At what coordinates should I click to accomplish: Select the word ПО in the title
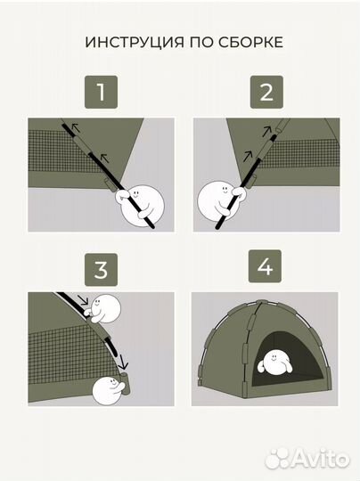coord(200,42)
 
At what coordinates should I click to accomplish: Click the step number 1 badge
coord(101,92)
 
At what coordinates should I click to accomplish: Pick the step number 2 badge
coord(266,92)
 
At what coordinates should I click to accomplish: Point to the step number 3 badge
coord(101,270)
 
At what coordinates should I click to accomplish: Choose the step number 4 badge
coord(265,266)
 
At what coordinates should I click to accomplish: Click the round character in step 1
coord(141,205)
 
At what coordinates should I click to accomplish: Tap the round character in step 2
coord(219,201)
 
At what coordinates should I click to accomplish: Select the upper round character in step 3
coord(103,308)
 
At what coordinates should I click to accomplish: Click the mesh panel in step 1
coord(64,151)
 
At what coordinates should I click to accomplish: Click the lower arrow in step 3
coord(123,362)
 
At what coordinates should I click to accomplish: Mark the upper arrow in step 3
coord(83,299)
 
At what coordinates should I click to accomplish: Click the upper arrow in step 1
coord(75,127)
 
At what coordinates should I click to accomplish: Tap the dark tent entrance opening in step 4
coord(287,361)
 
